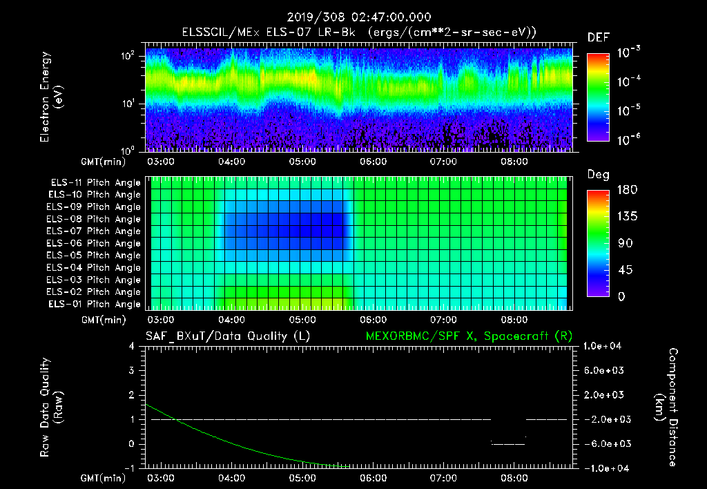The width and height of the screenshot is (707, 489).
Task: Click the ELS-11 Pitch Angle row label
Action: point(95,183)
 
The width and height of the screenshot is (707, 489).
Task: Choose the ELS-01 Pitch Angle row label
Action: point(95,305)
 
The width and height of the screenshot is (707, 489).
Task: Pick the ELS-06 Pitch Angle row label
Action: point(95,244)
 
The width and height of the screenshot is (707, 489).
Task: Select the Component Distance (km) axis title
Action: point(664,407)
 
